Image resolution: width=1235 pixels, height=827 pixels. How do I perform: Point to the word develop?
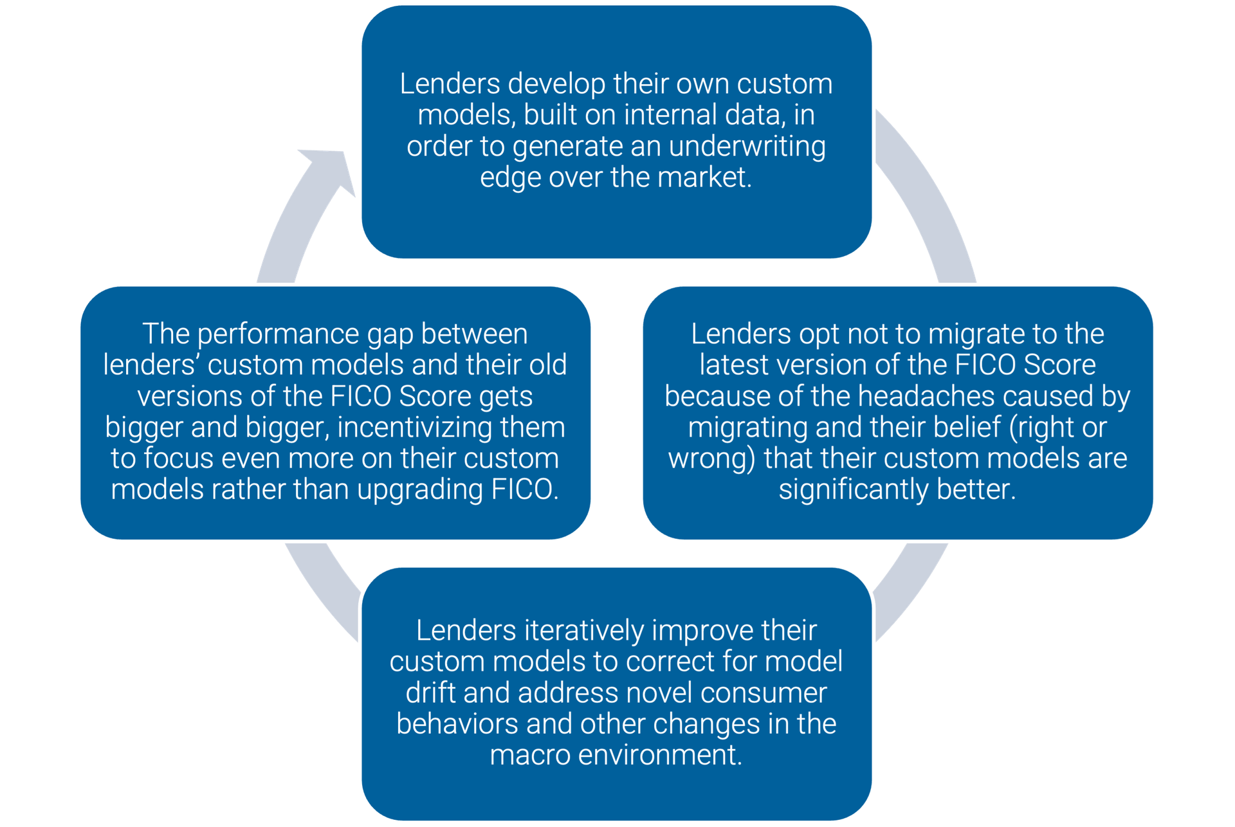click(556, 84)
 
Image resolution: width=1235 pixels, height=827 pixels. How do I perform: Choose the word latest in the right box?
click(734, 365)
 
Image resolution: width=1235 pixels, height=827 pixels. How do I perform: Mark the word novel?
click(659, 693)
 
